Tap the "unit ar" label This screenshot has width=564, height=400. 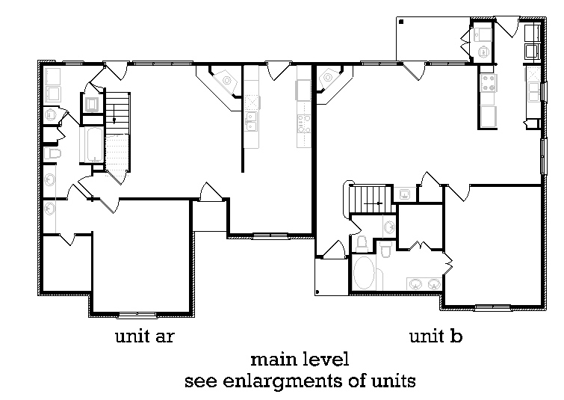pos(145,336)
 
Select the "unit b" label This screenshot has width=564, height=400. pos(436,336)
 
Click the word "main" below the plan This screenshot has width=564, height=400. pos(274,360)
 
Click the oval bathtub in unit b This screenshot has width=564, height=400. pos(364,273)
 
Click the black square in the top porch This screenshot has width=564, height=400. pos(401,22)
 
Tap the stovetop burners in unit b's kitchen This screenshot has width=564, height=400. pos(489,83)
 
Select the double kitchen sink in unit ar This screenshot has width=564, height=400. pos(251,121)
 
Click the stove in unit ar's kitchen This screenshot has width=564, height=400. pos(304,124)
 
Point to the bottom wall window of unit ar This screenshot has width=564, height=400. pos(137,316)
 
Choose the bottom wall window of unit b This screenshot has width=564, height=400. pos(492,308)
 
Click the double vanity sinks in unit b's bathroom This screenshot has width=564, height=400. pos(424,284)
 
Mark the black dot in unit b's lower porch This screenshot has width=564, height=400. pos(317,292)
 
